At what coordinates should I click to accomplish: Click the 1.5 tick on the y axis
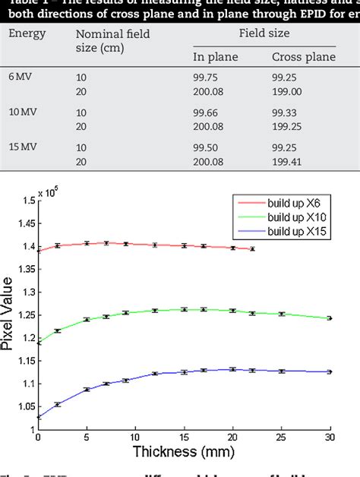pyautogui.click(x=28, y=201)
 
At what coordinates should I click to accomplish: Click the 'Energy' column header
pyautogui.click(x=27, y=33)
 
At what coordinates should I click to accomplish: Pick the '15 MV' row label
pyautogui.click(x=24, y=146)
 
